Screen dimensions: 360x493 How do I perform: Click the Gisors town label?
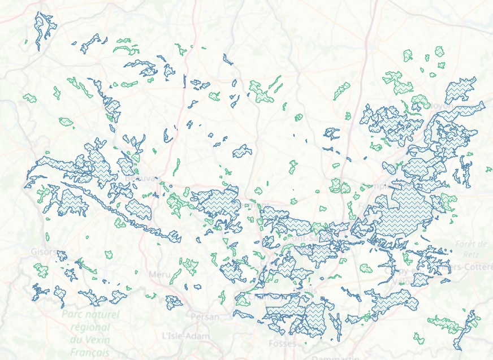click(x=44, y=251)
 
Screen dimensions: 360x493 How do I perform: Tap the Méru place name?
click(x=159, y=275)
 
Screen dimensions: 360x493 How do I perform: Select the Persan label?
click(x=204, y=316)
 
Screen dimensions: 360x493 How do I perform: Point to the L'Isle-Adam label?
click(x=185, y=336)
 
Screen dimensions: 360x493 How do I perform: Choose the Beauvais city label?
click(x=139, y=179)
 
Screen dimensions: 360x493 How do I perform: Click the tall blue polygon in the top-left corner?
click(x=43, y=28)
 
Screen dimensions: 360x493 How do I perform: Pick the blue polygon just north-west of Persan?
click(x=174, y=302)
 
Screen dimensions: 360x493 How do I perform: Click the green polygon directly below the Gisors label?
click(x=41, y=269)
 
